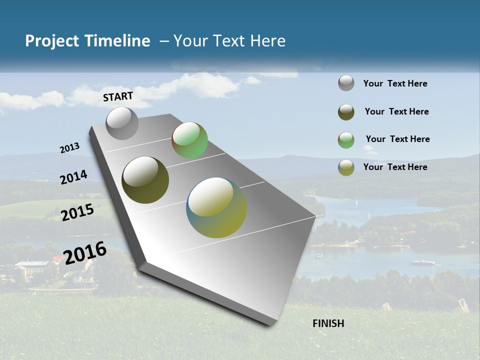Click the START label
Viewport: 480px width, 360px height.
[x=118, y=96]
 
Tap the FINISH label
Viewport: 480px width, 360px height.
[x=328, y=323]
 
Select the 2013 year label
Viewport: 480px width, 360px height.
[x=69, y=148]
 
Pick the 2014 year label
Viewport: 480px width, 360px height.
[x=73, y=177]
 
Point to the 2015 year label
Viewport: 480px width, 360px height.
[x=77, y=212]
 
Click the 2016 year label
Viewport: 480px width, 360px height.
[x=85, y=252]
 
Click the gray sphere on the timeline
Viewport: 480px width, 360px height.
[x=122, y=123]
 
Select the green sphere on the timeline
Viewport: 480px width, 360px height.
[x=189, y=140]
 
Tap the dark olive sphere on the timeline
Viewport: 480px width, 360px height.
[x=145, y=180]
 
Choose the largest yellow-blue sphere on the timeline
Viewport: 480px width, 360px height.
[x=216, y=207]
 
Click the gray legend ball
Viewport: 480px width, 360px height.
[x=346, y=83]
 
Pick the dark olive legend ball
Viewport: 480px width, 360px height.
[x=346, y=112]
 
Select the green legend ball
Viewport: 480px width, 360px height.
[x=346, y=140]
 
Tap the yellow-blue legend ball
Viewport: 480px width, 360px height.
[x=346, y=167]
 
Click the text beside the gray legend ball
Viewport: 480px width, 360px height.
[x=395, y=83]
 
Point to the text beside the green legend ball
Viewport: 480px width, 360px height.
[x=397, y=139]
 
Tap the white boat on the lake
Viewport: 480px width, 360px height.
[x=422, y=262]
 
